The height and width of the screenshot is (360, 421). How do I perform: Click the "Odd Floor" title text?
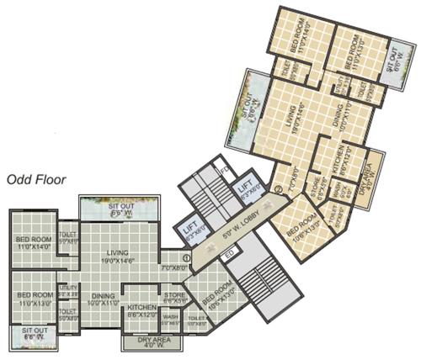click(38, 178)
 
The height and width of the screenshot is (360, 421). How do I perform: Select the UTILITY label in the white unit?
click(67, 290)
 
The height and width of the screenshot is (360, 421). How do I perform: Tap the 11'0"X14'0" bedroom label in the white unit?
click(35, 243)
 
